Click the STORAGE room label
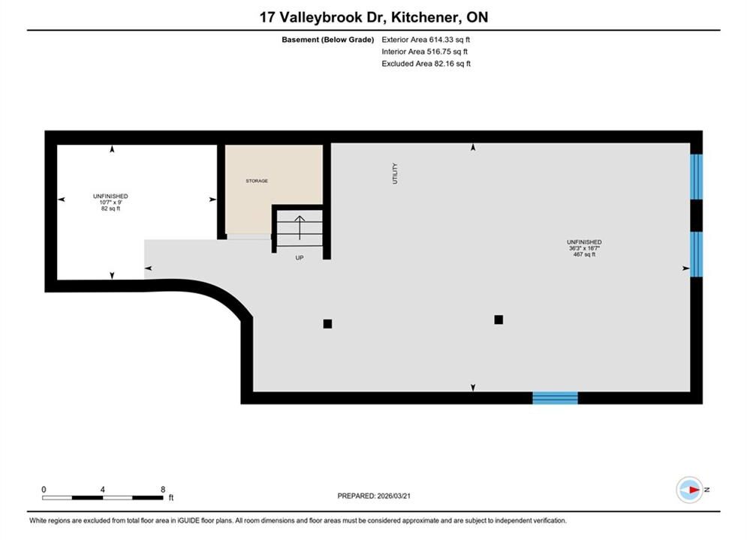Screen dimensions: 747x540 coord(257,181)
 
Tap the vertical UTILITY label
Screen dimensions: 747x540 coord(394,174)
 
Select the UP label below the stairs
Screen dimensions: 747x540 coord(300,258)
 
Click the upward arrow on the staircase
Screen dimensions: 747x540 coord(300,227)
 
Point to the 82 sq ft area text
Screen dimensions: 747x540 coord(110,208)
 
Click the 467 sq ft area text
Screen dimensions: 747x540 coord(584,254)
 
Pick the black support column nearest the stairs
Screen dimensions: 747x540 coord(327,324)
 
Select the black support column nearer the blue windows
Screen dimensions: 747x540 coord(499,319)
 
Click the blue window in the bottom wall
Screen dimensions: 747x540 coord(555,397)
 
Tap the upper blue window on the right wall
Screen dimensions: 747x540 coord(696,176)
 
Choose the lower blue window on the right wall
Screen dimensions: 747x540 coord(696,254)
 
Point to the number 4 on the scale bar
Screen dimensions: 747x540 coord(102,490)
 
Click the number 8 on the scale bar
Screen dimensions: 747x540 coord(163,490)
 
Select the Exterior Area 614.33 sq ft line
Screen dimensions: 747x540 coord(426,40)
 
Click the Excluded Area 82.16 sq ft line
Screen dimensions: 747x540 coord(426,64)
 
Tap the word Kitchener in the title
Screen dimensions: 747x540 coord(426,17)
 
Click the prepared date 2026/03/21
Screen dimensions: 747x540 coord(393,496)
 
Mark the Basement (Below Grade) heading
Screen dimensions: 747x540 coord(328,40)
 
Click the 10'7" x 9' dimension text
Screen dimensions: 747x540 coord(110,202)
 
